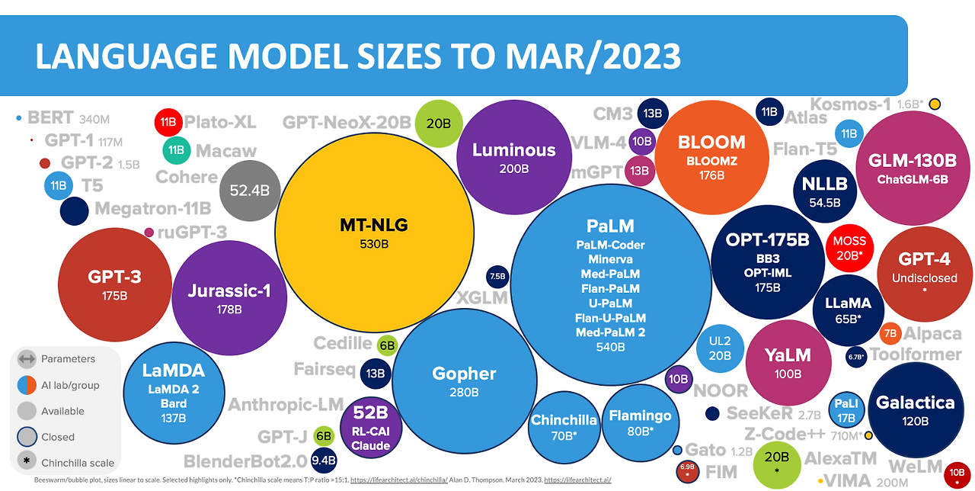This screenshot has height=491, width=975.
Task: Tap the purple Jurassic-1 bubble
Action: point(229,297)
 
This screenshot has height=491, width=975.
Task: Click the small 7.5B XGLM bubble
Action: point(497,277)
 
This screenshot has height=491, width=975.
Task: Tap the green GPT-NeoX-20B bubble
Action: point(439,122)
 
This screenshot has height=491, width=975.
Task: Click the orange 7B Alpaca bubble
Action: point(890,334)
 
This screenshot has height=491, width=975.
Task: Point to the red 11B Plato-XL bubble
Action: point(167,122)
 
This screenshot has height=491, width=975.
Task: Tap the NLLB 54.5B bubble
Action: point(825,191)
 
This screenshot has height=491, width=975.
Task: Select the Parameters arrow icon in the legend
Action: point(27,358)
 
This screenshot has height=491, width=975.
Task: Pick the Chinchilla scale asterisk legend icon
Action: point(27,462)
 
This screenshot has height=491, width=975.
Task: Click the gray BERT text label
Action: point(50,118)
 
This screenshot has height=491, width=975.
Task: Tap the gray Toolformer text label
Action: point(916,355)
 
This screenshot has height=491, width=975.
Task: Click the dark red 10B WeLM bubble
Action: point(957,473)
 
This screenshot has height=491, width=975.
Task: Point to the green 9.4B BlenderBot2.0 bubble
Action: point(324,460)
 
